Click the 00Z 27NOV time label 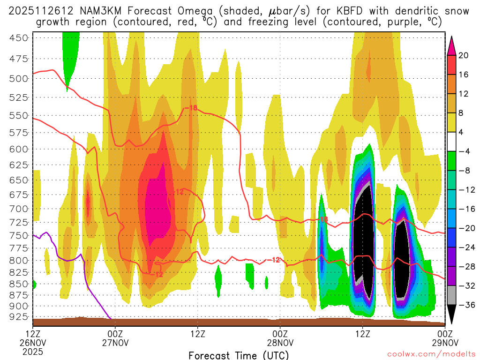point(115,338)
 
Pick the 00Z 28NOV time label point(280,338)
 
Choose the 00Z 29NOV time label point(444,338)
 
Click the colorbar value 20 point(464,55)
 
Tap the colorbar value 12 point(464,94)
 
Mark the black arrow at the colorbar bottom point(452,315)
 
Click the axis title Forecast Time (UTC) point(239,355)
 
